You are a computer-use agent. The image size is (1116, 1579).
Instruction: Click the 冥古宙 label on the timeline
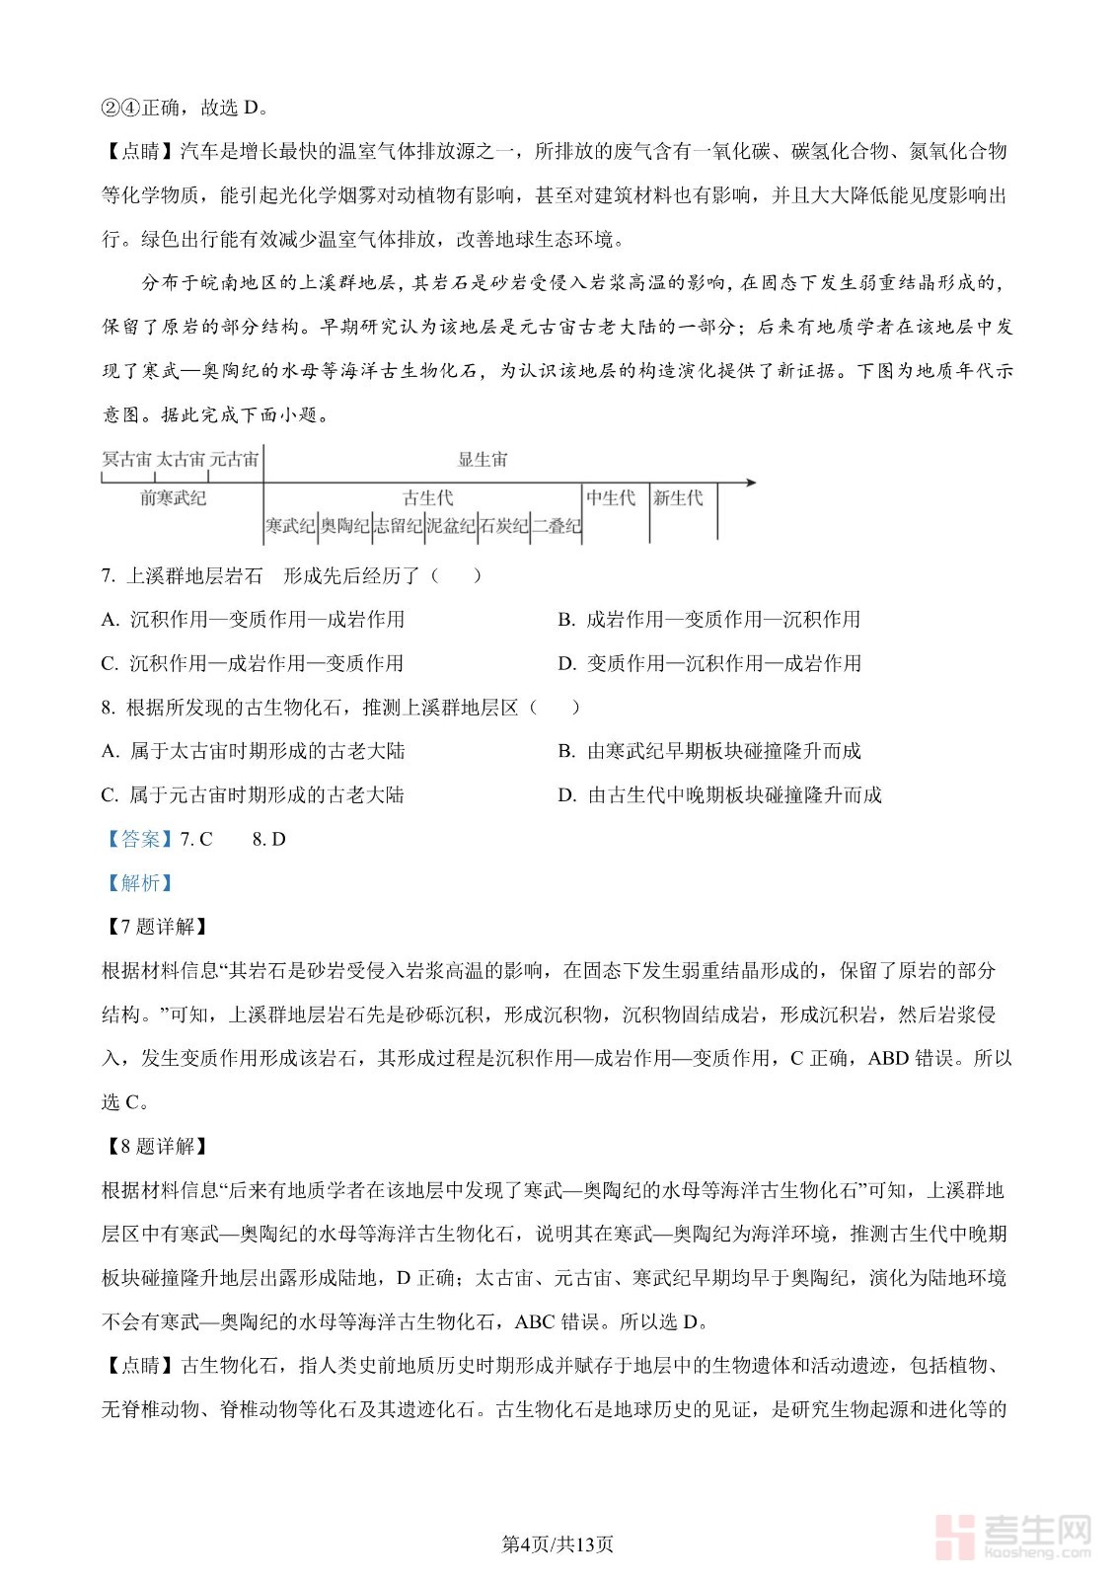tap(127, 459)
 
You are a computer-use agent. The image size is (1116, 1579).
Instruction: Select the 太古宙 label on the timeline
tap(182, 459)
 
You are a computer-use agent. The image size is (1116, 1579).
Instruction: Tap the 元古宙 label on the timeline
tap(235, 459)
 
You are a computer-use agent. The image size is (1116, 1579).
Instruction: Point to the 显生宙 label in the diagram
tap(483, 459)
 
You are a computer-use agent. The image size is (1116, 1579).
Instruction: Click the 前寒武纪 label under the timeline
tap(174, 498)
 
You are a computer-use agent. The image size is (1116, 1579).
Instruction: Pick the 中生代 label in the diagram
tap(611, 498)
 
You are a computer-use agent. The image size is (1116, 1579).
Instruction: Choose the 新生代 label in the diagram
tap(678, 498)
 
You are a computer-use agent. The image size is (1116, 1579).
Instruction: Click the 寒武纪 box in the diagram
tap(290, 526)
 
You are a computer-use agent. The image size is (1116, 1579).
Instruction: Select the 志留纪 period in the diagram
tap(398, 526)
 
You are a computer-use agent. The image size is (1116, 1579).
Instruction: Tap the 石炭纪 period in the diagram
tap(504, 526)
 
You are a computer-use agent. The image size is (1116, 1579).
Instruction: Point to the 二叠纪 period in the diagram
tap(557, 526)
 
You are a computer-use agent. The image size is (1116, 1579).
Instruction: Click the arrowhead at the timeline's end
tap(751, 483)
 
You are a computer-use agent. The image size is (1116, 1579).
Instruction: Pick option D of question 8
tap(719, 795)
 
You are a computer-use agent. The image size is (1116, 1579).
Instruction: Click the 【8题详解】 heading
tap(156, 1147)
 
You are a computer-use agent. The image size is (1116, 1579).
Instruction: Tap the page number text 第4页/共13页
tap(558, 1544)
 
